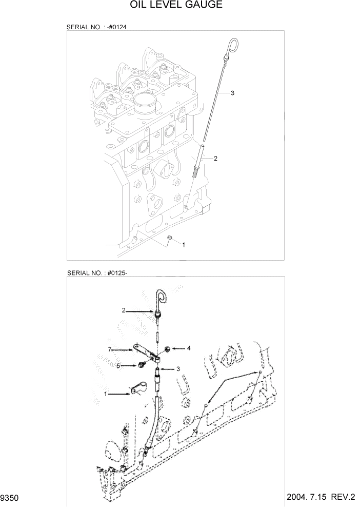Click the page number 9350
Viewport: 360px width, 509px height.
pos(11,497)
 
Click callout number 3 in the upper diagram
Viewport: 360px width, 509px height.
pos(232,93)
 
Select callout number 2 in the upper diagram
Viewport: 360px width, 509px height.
pos(215,159)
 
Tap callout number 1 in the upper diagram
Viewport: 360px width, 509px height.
pos(184,245)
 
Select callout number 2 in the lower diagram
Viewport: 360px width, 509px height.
pos(124,310)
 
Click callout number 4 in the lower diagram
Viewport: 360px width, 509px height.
pos(188,348)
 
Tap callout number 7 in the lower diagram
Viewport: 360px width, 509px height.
pos(109,349)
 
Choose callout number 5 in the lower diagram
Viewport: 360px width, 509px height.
pos(118,366)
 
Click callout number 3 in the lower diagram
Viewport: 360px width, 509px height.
pos(178,368)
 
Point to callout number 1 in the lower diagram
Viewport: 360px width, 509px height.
pos(106,394)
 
